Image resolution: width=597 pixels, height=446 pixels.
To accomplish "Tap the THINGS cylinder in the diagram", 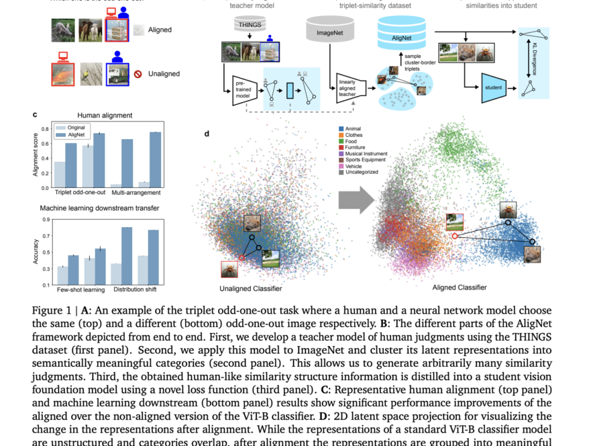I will [x=252, y=26].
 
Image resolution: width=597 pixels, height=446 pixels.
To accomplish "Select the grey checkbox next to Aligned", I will [x=138, y=30].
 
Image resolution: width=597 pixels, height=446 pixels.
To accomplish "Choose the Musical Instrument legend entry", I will [x=365, y=154].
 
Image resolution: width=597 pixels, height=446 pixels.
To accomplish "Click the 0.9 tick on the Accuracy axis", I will [x=46, y=220].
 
